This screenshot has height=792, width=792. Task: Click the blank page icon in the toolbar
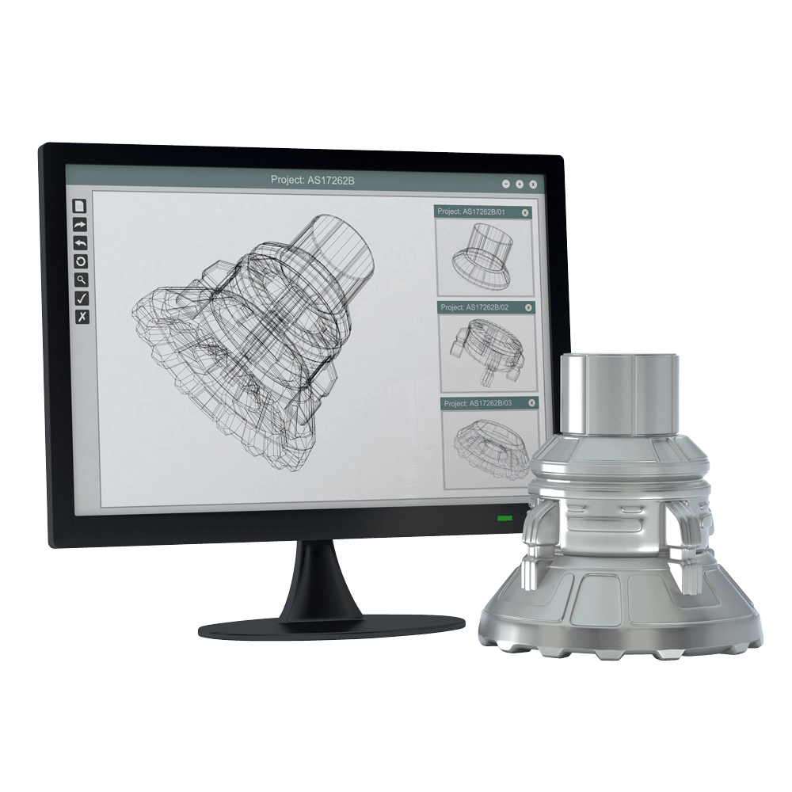pyautogui.click(x=80, y=206)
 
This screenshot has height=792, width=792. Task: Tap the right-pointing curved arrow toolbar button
pyautogui.click(x=80, y=225)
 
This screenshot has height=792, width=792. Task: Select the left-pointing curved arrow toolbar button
pyautogui.click(x=81, y=243)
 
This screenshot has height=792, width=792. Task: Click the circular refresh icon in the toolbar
pyautogui.click(x=81, y=261)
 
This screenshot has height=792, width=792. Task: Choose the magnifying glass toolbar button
pyautogui.click(x=82, y=280)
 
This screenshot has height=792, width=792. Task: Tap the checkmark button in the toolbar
pyautogui.click(x=82, y=299)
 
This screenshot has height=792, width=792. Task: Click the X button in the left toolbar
pyautogui.click(x=82, y=317)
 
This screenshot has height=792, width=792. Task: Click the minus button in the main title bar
pyautogui.click(x=506, y=184)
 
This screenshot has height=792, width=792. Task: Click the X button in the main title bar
pyautogui.click(x=532, y=185)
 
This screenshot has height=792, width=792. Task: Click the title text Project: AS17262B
pyautogui.click(x=313, y=180)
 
